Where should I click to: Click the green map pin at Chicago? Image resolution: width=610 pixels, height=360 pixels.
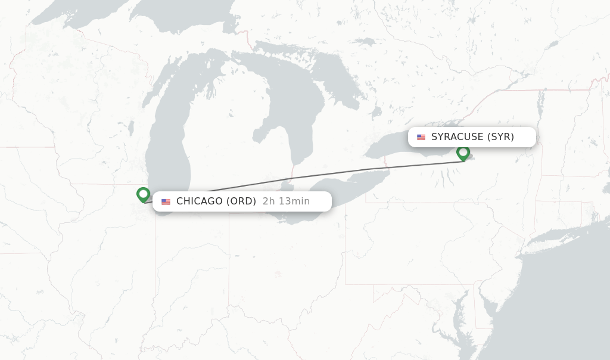[143, 194]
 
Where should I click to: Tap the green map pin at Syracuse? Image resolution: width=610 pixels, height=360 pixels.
[463, 153]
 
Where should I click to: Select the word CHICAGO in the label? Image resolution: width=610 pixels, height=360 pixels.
[199, 201]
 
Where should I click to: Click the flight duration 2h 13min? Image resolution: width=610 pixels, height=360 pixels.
[286, 201]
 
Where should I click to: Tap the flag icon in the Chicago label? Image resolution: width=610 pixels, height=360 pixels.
[166, 201]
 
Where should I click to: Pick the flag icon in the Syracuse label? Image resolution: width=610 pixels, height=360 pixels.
[421, 137]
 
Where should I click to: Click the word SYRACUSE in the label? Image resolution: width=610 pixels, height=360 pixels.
[457, 137]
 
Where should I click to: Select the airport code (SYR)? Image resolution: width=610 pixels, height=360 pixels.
[500, 137]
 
